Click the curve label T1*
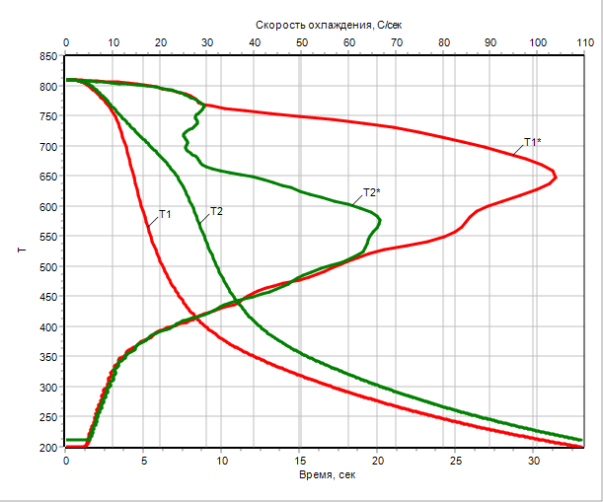[531, 142]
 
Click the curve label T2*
[372, 191]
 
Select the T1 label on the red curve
[165, 213]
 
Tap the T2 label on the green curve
[216, 211]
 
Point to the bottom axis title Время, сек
[327, 474]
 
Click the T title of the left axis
[21, 251]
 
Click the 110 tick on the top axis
[582, 43]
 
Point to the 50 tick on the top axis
[301, 43]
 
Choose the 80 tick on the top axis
[442, 43]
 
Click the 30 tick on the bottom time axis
[534, 461]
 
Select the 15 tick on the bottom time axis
[300, 461]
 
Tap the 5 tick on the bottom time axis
[144, 461]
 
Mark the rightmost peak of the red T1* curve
[557, 178]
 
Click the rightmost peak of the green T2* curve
[381, 219]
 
